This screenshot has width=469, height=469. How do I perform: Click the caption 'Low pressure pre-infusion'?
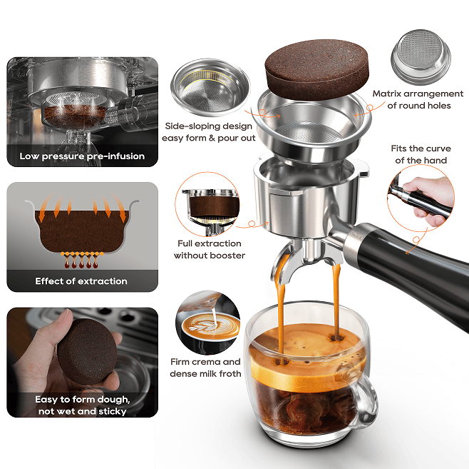pos(82,156)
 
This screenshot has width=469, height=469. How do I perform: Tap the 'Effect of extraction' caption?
pos(82,281)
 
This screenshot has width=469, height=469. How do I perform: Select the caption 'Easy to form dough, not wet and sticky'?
pos(82,405)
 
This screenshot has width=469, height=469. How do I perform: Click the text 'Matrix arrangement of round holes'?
pos(419,100)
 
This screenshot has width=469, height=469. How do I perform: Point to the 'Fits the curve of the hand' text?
pos(419,154)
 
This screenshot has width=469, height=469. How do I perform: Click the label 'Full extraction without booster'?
pos(209,250)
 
